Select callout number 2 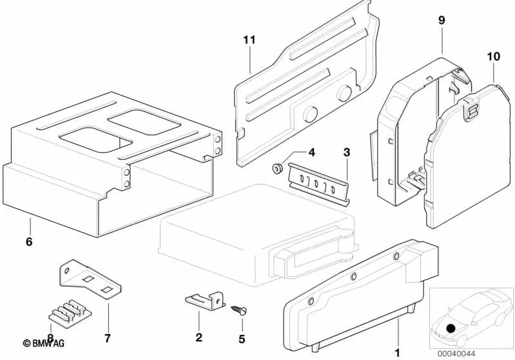[x=199, y=337]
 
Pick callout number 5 [x=242, y=337]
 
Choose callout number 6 [x=29, y=243]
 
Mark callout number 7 [x=108, y=337]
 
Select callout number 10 [x=493, y=57]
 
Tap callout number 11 [x=249, y=40]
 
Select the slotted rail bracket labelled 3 [x=319, y=182]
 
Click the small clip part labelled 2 [x=204, y=299]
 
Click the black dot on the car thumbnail [x=451, y=328]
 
